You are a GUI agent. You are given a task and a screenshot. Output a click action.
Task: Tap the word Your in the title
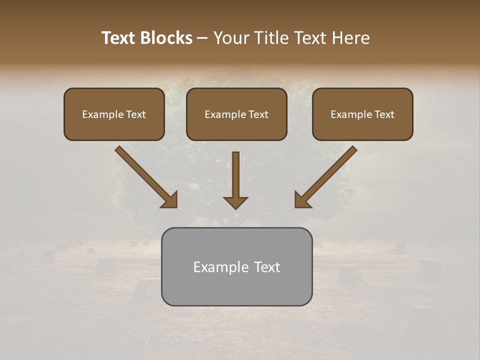(232, 38)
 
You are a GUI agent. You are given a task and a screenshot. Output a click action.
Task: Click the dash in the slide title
(202, 38)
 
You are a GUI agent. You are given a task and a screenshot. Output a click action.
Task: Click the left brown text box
(114, 114)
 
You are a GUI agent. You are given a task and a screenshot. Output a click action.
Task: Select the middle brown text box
(236, 114)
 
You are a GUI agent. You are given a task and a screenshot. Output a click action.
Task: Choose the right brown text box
(362, 114)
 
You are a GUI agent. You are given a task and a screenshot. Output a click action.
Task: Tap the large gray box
(236, 266)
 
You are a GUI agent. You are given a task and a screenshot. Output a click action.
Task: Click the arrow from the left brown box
(145, 175)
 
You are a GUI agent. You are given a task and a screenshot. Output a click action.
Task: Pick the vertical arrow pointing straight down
(235, 177)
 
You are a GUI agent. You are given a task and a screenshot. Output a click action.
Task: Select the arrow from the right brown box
(327, 175)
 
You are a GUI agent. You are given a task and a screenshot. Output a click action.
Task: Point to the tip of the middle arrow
(235, 207)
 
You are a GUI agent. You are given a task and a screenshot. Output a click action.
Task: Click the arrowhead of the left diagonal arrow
(171, 200)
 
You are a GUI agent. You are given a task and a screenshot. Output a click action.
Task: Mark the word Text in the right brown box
(384, 114)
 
